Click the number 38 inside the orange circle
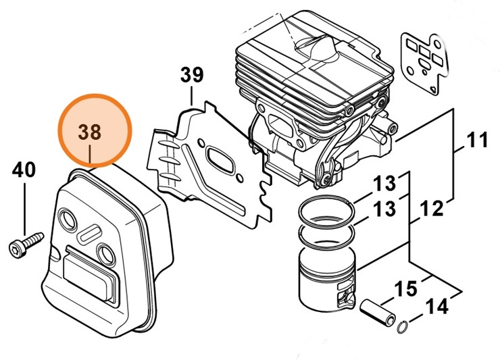coord(93,132)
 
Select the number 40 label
coord(24,170)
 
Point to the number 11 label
coord(477,142)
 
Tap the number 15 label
coord(405,289)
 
